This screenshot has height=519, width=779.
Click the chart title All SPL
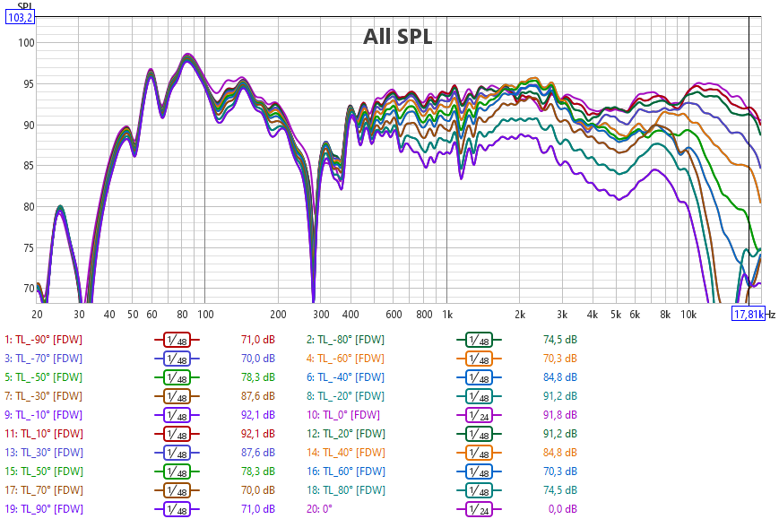[x=397, y=36]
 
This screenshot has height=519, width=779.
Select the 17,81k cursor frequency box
[x=749, y=315]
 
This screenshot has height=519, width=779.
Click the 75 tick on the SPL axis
[x=27, y=247]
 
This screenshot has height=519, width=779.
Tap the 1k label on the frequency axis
[x=447, y=315]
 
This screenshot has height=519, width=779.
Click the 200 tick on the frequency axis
[x=278, y=315]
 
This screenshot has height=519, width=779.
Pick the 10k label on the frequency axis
[x=688, y=315]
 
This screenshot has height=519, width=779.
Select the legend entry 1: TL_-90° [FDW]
[x=44, y=339]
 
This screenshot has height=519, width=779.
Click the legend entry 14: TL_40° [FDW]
[x=346, y=452]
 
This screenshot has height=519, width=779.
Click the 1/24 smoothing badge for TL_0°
[x=480, y=414]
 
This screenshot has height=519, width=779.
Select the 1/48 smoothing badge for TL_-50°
[x=177, y=376]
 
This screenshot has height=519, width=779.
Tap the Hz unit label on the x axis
[x=770, y=315]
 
